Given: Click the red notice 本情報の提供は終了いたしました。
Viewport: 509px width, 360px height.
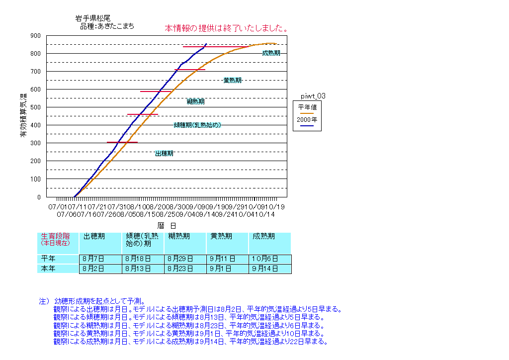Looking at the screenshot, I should click(227, 28).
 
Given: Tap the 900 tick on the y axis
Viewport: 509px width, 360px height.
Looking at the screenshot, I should click(36, 36).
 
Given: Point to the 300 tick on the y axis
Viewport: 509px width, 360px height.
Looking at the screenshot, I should click(36, 143).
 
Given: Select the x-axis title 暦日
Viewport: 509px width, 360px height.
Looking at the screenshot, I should click(164, 225).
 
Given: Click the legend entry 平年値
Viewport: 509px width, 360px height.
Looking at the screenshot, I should click(307, 106).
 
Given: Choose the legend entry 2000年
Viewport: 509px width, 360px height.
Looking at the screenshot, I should click(307, 120).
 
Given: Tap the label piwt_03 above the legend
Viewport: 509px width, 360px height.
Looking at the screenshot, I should click(313, 95).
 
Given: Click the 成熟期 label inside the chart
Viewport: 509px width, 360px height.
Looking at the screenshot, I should click(271, 53).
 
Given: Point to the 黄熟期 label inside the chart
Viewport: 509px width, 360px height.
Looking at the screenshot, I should click(232, 80).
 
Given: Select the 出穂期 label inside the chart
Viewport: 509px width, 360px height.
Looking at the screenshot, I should click(164, 154).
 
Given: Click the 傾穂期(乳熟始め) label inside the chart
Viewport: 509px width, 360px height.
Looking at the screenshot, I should click(197, 125).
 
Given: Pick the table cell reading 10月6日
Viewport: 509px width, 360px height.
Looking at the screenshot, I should click(265, 259).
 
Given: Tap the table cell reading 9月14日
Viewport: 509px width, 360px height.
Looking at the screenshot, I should click(265, 269).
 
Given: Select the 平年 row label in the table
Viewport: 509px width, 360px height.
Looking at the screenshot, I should click(48, 259).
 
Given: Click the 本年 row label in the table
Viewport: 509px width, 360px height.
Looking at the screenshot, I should click(48, 269).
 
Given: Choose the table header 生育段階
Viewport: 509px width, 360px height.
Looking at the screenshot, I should click(55, 236).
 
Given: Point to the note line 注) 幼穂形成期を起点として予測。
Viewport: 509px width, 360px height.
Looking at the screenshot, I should click(92, 301).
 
